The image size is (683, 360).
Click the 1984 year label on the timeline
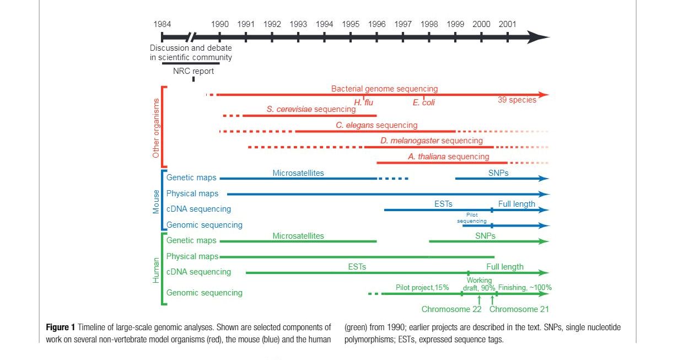(x=162, y=24)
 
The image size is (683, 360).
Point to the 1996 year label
(x=377, y=24)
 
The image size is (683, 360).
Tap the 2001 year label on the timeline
(x=508, y=24)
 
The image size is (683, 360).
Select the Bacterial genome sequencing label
(x=384, y=89)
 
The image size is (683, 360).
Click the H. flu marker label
(x=364, y=103)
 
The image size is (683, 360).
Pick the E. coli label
(x=424, y=103)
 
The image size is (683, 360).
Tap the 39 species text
(x=517, y=100)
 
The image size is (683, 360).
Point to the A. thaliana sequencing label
(x=448, y=157)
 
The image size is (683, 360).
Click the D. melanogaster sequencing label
(x=431, y=141)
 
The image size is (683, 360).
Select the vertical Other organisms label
(x=156, y=128)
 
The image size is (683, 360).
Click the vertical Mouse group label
(x=156, y=201)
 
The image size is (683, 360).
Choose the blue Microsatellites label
(x=298, y=173)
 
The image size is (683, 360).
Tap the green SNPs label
(x=485, y=236)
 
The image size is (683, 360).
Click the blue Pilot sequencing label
(x=472, y=218)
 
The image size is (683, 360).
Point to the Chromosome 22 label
(x=451, y=309)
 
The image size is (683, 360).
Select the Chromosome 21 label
(x=519, y=309)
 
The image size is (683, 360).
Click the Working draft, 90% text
(x=479, y=284)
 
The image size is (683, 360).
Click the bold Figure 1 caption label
(x=61, y=327)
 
